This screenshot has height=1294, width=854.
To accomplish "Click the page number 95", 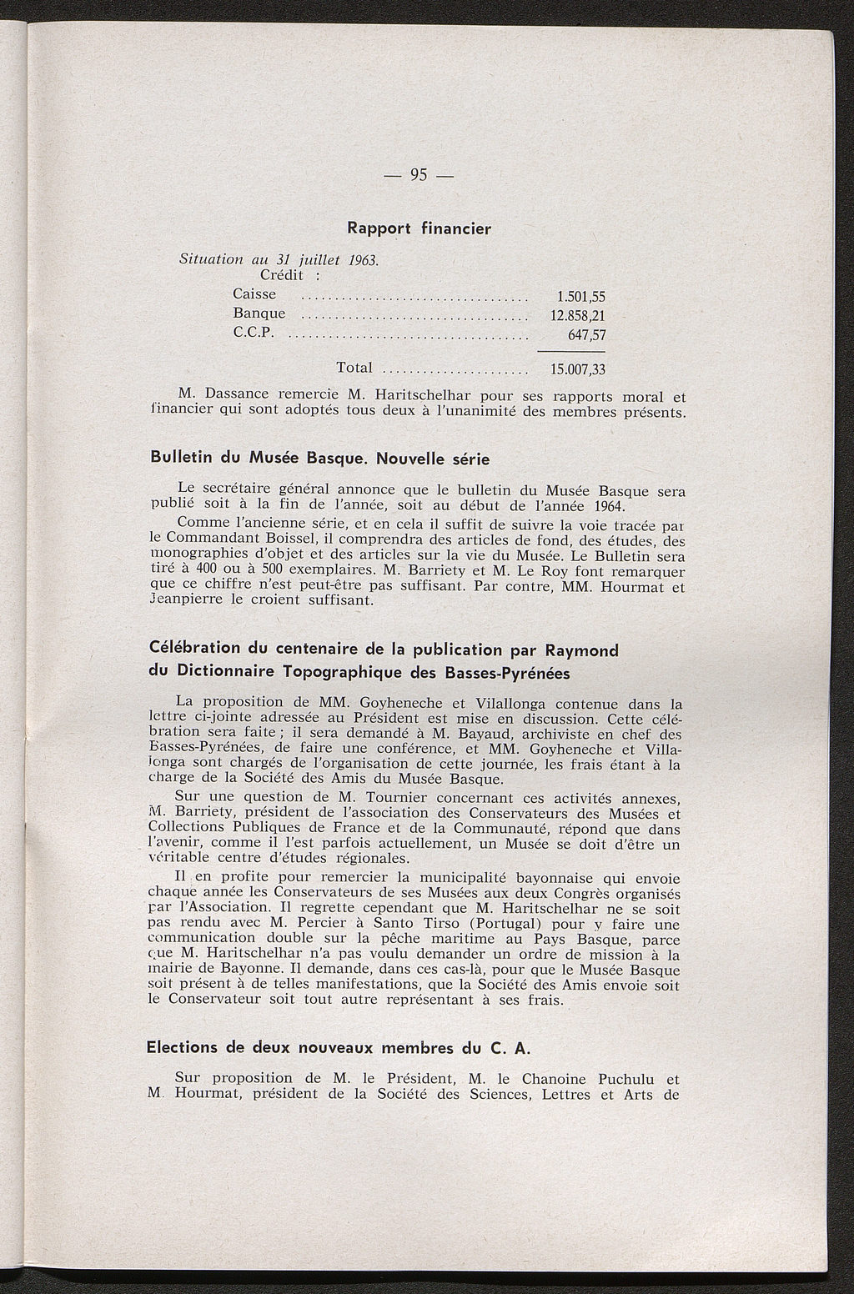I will tap(419, 175).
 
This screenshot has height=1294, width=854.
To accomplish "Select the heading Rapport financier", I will tap(419, 228).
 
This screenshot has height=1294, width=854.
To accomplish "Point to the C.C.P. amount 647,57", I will tap(586, 336).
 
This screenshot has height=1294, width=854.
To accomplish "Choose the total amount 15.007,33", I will tap(577, 370).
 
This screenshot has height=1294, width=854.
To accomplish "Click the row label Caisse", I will tap(254, 294).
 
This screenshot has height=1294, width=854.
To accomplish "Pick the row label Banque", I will tap(259, 313).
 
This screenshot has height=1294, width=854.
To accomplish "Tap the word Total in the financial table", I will tap(354, 368).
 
